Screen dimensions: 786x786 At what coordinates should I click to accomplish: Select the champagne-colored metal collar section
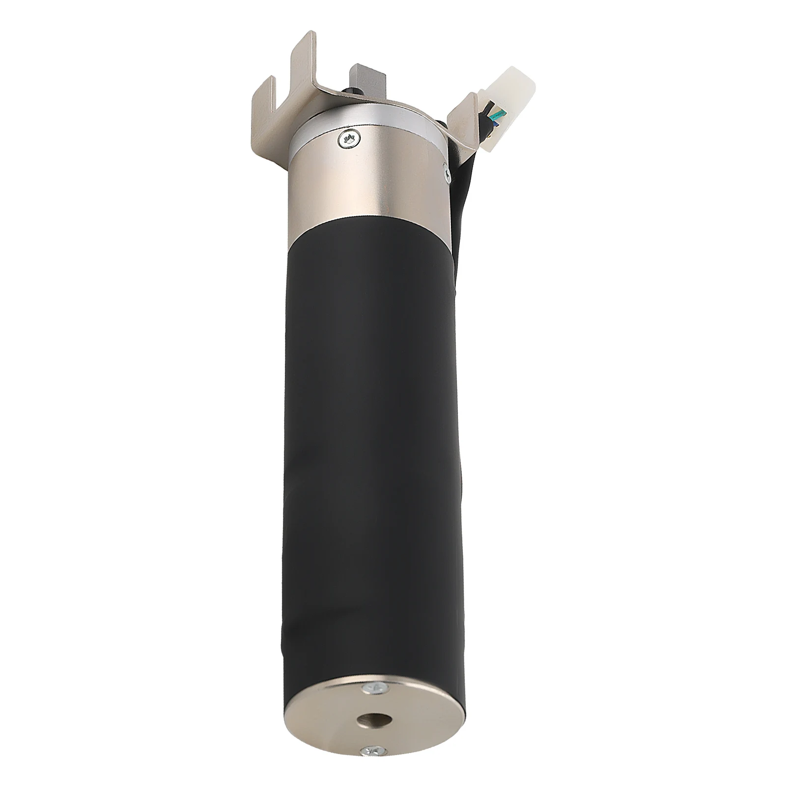pyautogui.click(x=368, y=187)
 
